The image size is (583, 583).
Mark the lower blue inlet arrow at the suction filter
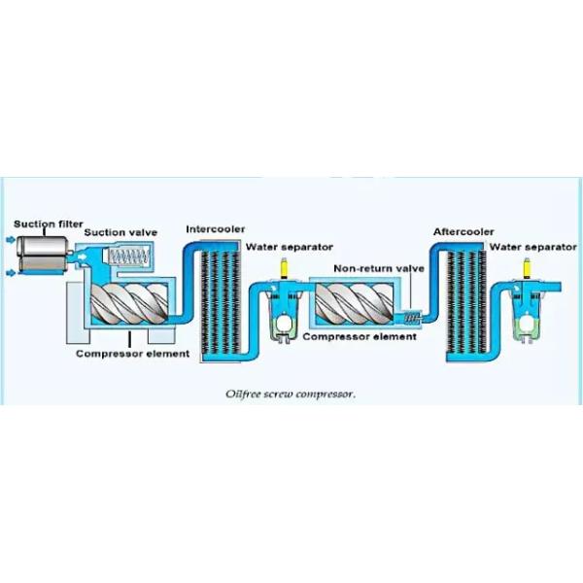[x=10, y=270]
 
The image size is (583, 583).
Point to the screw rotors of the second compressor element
[x=356, y=305]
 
